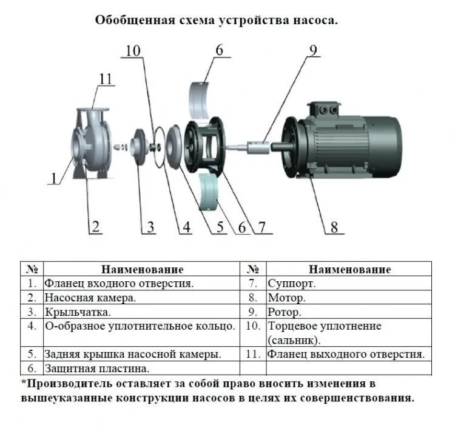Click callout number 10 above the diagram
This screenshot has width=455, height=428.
[133, 51]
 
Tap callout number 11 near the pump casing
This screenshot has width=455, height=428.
[106, 79]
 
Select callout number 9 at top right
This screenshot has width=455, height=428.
[314, 50]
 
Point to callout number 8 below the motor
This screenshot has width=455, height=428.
[334, 227]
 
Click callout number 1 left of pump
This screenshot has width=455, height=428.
[53, 178]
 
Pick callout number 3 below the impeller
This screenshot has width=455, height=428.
[150, 227]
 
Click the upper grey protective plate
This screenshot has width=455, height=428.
[200, 100]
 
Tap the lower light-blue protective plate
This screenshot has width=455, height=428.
[207, 192]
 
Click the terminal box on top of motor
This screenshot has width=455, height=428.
[324, 110]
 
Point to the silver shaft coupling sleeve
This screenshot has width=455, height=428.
[258, 147]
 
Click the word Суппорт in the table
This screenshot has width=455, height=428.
[291, 283]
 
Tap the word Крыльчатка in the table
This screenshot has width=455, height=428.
[78, 312]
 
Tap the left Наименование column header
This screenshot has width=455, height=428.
[142, 269]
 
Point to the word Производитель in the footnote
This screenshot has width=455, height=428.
[70, 383]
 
